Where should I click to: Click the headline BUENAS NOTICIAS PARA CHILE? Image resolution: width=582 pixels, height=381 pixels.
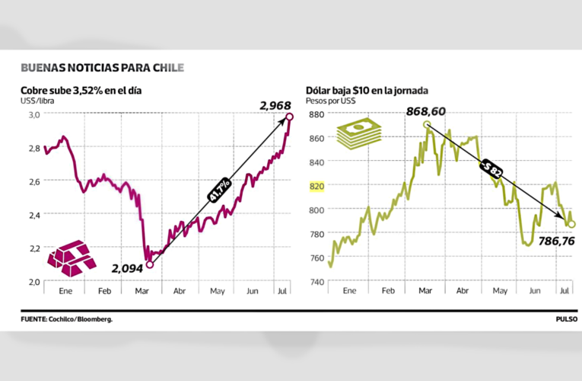point(102,68)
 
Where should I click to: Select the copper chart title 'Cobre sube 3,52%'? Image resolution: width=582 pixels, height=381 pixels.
point(81,90)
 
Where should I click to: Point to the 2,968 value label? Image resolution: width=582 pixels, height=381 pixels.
point(275,105)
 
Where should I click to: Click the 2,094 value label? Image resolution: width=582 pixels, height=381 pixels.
point(127,268)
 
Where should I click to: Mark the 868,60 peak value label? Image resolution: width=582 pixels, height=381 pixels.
point(425,111)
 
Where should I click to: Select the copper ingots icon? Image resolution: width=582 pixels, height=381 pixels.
point(72,257)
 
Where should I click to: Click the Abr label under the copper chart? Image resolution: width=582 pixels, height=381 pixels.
point(180,291)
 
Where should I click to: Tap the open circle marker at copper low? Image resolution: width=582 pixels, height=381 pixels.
point(149,264)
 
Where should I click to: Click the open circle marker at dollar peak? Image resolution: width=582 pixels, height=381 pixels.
point(426,124)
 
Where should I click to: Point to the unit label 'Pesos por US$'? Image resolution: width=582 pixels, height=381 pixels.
point(331,101)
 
